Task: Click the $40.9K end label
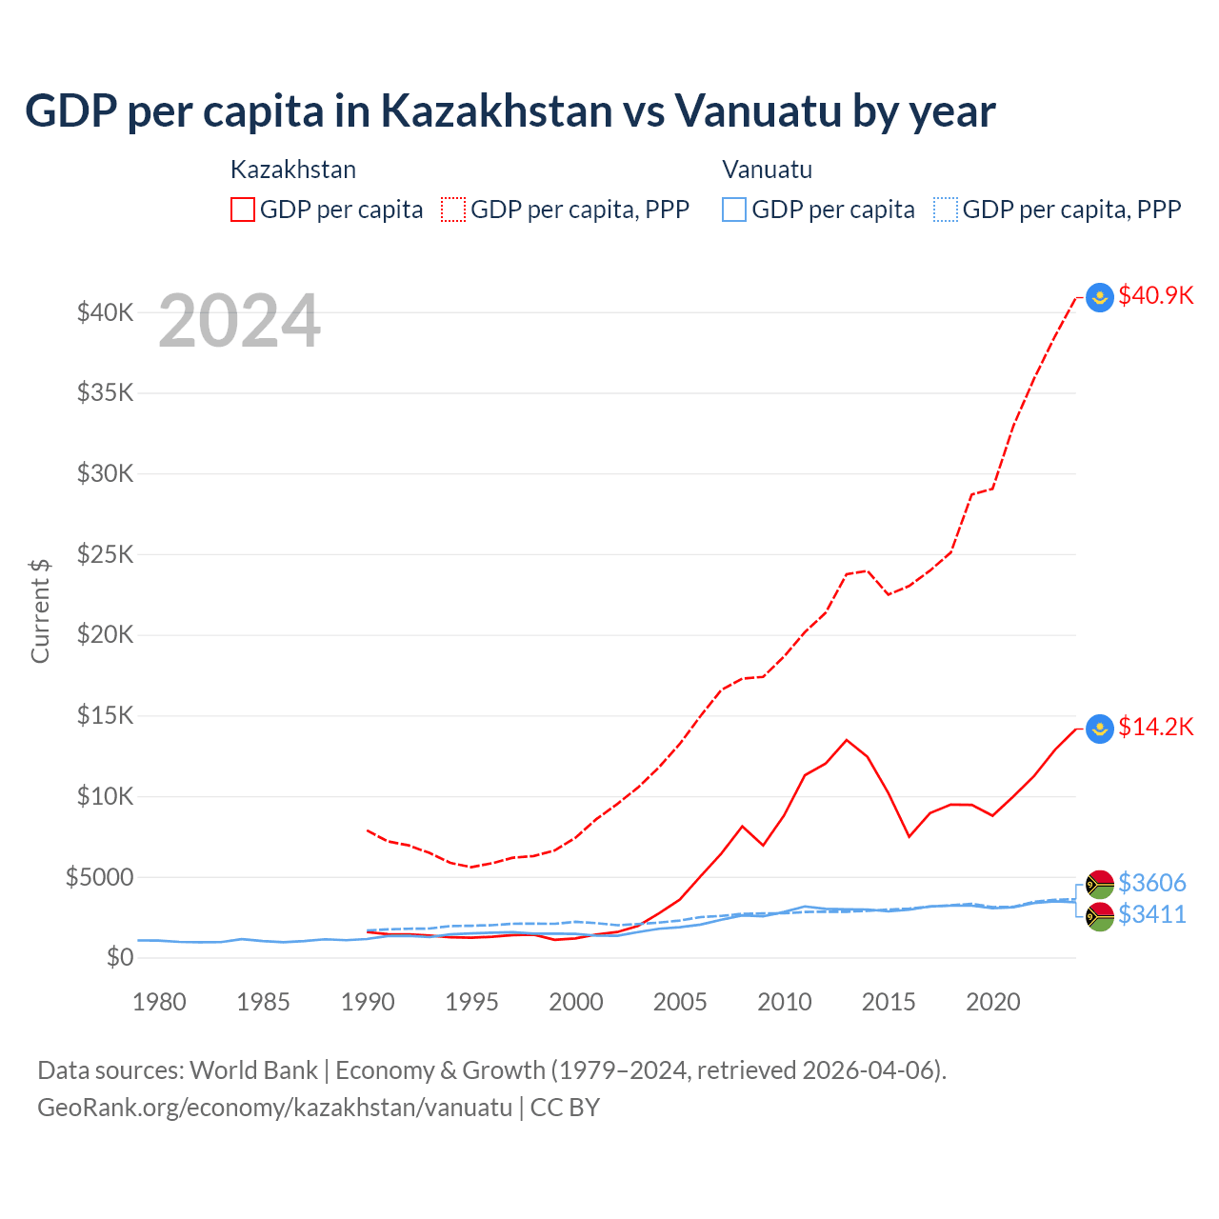pos(1155,295)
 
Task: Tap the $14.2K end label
pos(1155,728)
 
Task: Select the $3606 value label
pos(1151,883)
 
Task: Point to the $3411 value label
pos(1151,914)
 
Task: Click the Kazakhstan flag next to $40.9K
pos(1100,298)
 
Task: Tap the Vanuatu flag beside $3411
pos(1100,917)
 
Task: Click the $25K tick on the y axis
pos(105,554)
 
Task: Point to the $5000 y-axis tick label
pos(99,877)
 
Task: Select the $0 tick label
pos(119,957)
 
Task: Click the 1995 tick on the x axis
pos(471,1002)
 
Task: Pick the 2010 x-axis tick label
pos(784,1002)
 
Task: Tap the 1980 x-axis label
pos(159,1002)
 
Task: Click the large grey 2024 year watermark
pos(239,321)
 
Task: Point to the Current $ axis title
pos(40,610)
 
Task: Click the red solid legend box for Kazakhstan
pos(243,210)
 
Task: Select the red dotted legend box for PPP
pos(453,210)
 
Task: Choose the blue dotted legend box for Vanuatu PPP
pos(946,210)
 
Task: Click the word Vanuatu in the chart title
pos(759,110)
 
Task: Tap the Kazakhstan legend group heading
pos(293,170)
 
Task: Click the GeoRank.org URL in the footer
pos(274,1108)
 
